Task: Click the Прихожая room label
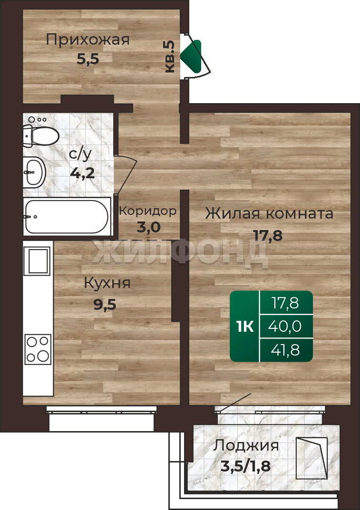88,39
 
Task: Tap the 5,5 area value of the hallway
88,59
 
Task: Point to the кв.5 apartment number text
170,57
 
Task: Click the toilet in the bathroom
40,135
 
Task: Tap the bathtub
67,216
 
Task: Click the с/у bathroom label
80,154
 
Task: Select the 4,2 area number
82,173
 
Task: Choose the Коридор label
148,211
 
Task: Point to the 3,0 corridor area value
149,227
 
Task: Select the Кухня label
107,283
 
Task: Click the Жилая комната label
269,214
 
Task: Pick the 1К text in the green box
245,326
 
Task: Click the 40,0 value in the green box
285,326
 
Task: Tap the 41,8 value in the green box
285,350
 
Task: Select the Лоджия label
246,446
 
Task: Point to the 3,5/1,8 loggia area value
246,467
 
